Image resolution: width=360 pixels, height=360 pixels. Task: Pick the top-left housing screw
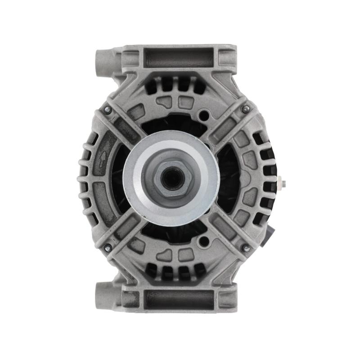pos(108,109)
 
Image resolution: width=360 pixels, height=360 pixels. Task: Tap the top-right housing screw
pos(245,109)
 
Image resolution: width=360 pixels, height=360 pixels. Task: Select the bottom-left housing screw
pos(108,247)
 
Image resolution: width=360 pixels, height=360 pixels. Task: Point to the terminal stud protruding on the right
pos(282,183)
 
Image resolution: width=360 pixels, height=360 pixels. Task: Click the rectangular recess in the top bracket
pos(180,58)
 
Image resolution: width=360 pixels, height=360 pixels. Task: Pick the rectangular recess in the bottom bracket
pos(180,299)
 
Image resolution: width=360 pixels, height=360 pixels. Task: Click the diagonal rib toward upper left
pos(128,128)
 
